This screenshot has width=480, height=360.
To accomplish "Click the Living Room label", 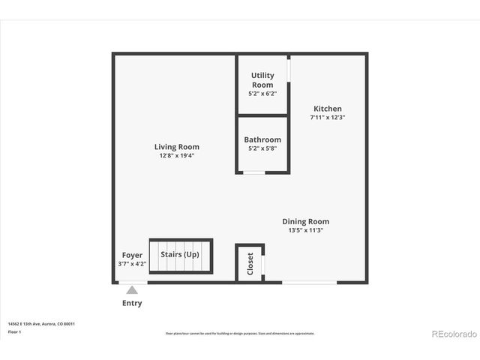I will point(177,147).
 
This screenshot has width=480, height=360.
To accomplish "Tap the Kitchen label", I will point(328,109).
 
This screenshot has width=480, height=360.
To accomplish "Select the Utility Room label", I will point(262,79).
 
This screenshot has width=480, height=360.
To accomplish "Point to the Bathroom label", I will point(262,139).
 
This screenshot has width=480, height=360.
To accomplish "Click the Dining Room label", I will point(305,221).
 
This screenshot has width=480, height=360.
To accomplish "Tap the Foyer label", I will point(132,255).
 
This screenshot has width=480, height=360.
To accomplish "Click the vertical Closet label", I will point(250,263).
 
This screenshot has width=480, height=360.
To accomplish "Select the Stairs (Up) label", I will point(180,254).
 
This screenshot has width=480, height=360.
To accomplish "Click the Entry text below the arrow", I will point(132,304).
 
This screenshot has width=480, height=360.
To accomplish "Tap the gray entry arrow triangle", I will point(132,289).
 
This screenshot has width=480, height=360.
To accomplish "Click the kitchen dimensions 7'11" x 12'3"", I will point(328,118).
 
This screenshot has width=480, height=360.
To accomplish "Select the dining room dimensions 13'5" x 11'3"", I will point(306,230).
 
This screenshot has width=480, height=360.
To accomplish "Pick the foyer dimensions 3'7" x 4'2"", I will point(132,264).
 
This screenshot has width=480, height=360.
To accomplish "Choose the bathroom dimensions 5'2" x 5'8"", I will point(262,148).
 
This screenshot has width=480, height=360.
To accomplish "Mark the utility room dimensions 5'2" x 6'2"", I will point(262,94).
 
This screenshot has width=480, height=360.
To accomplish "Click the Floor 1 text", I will point(15,331).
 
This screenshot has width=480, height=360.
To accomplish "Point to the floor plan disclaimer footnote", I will point(240,333).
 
